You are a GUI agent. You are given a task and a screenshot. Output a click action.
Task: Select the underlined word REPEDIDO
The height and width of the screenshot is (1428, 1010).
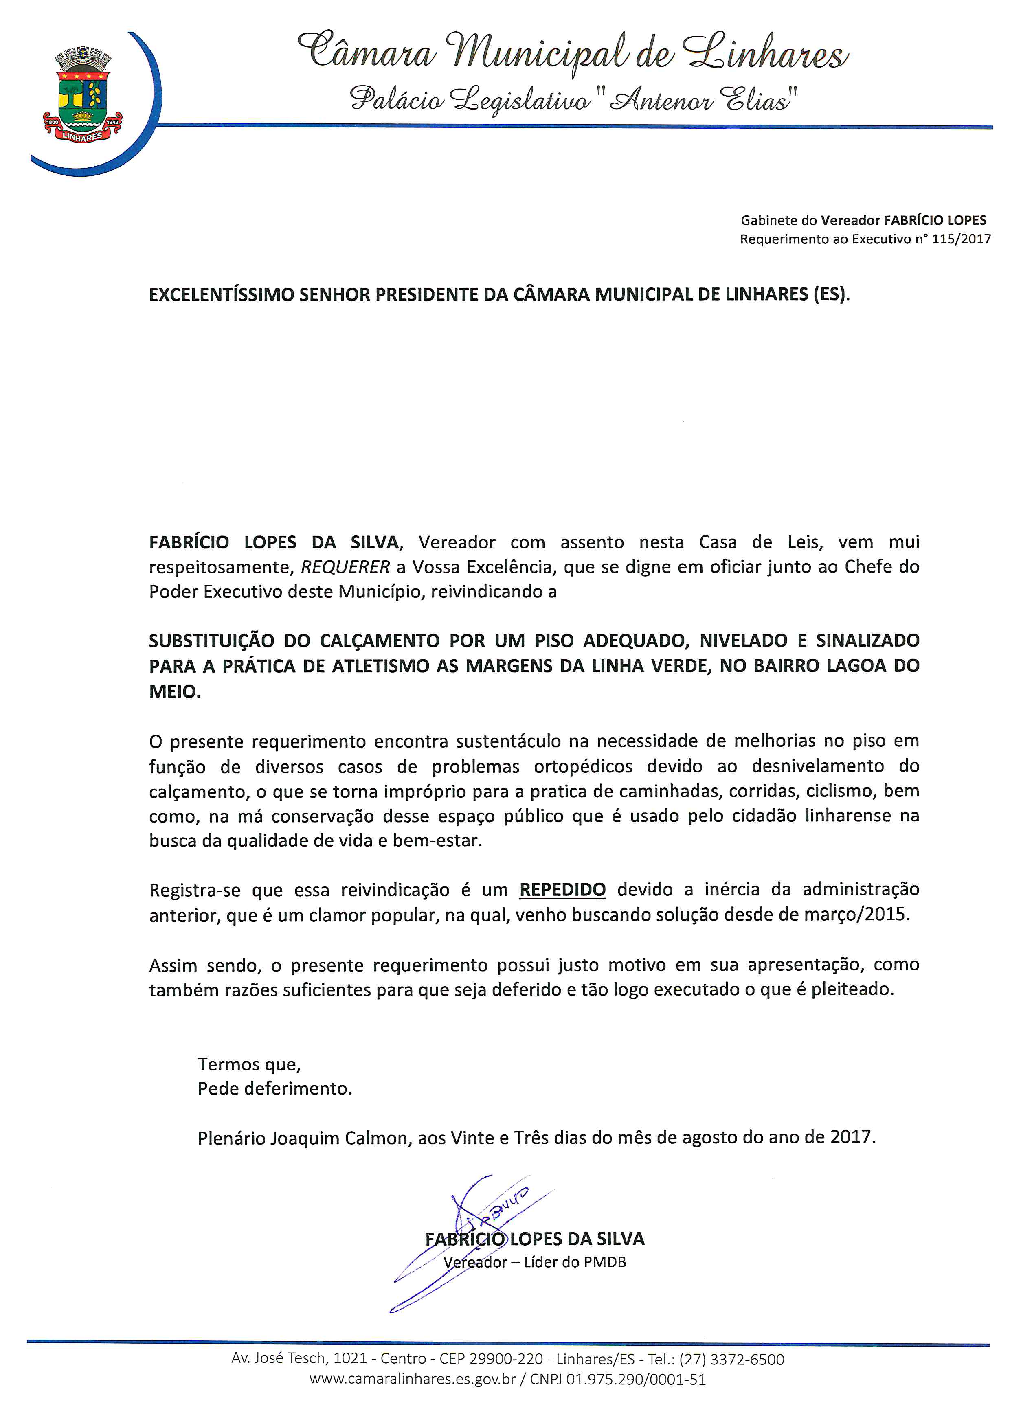(x=562, y=889)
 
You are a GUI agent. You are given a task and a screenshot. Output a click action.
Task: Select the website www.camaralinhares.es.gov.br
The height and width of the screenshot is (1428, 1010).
(x=413, y=1380)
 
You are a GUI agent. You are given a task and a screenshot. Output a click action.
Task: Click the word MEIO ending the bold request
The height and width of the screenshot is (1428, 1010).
(x=174, y=692)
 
